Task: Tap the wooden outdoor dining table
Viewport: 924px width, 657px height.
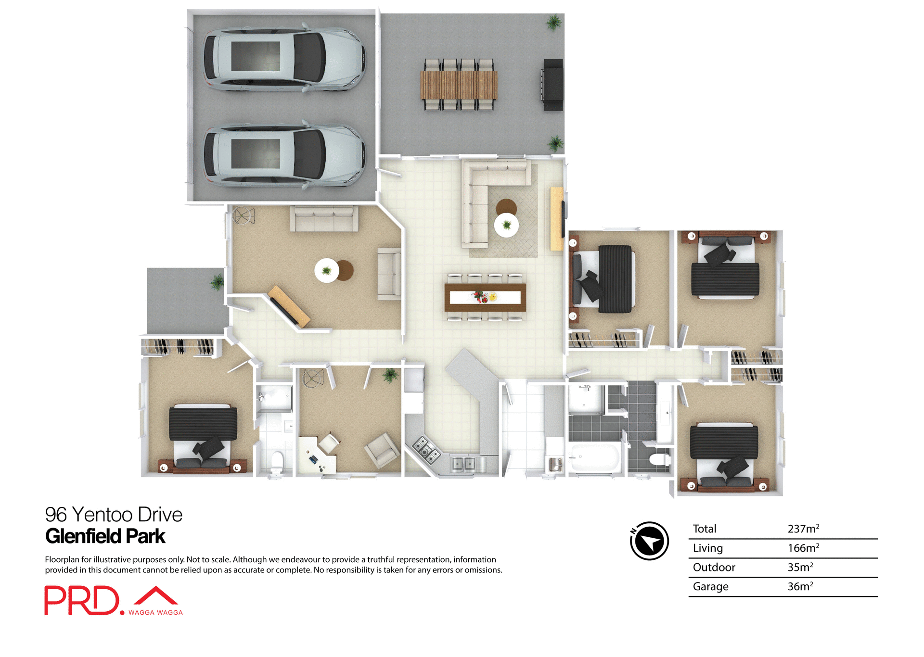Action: point(459,85)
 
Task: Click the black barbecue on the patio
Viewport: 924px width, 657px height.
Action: point(553,85)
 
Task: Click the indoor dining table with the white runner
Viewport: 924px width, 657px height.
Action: point(485,298)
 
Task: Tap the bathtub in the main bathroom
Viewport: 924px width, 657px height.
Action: point(595,458)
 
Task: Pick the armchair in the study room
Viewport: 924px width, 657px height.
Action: point(382,449)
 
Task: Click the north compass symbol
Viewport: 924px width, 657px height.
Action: point(649,541)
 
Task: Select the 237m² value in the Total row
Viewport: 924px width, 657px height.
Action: point(803,529)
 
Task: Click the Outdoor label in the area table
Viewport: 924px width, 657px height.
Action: point(714,568)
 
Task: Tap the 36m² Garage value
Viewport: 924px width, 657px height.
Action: point(800,587)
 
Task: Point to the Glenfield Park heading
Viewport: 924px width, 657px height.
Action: point(105,536)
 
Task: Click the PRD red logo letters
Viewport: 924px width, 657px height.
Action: point(82,600)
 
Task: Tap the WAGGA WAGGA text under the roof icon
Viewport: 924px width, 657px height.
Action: point(155,613)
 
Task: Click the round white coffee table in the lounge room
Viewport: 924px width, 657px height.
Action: point(327,270)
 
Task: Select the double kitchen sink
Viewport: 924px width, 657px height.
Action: point(463,464)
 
